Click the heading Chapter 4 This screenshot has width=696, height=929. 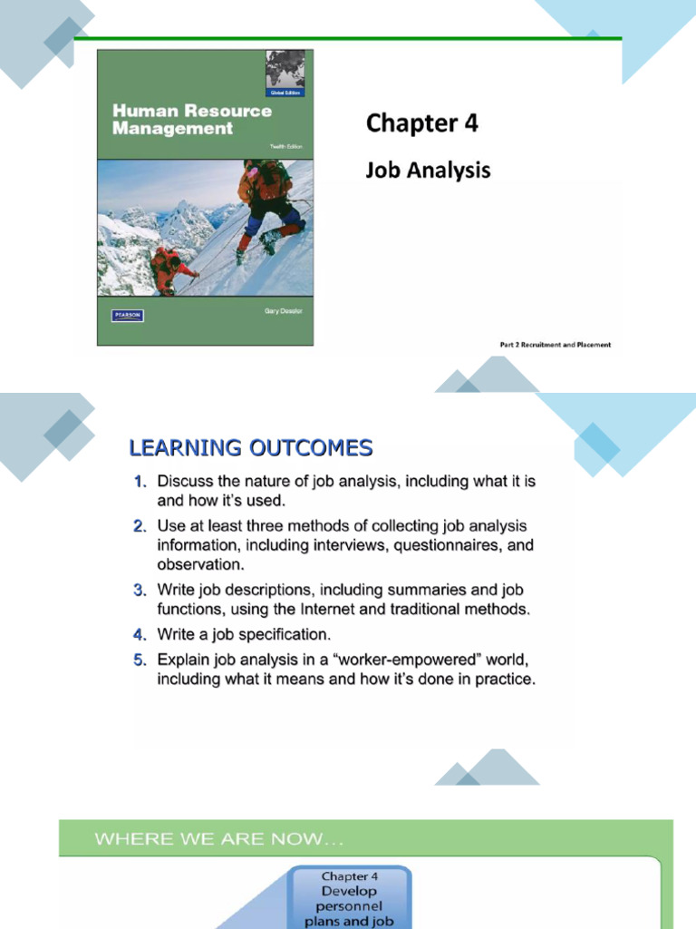coord(421,124)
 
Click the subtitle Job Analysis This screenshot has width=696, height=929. coord(428,169)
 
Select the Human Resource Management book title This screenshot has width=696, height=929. coord(191,119)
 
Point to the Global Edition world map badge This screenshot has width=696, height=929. coord(286,73)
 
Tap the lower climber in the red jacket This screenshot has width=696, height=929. coord(169,269)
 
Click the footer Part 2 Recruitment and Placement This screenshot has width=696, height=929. coord(555,345)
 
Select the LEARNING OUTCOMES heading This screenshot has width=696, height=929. coord(250,447)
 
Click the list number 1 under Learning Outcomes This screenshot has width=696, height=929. coord(140,481)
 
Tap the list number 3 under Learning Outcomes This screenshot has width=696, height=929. coord(140,591)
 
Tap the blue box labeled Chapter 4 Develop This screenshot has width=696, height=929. coord(350,899)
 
